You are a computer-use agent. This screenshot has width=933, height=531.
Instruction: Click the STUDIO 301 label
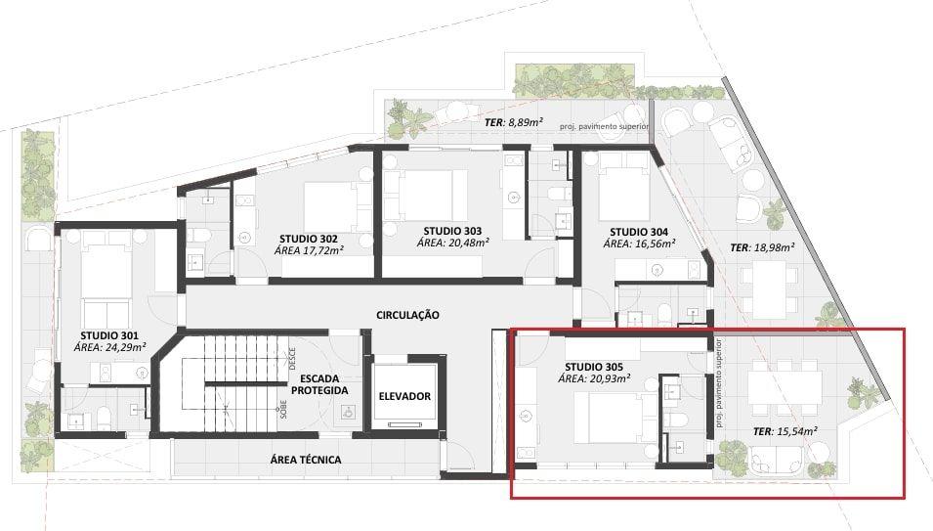[x=109, y=335]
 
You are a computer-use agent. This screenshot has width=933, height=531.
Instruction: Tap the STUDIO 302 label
[x=308, y=240]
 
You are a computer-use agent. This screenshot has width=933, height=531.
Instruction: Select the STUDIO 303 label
[x=452, y=231]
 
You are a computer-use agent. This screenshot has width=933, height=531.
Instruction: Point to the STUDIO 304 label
[x=639, y=232]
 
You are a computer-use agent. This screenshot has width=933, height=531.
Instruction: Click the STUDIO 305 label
[x=594, y=367]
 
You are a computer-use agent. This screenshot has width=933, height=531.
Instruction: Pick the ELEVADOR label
[x=404, y=396]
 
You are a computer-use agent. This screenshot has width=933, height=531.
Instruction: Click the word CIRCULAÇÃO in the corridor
[x=407, y=315]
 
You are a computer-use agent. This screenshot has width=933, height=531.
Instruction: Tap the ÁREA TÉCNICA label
[x=306, y=460]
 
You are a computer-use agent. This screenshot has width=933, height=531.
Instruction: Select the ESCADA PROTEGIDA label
[x=318, y=384]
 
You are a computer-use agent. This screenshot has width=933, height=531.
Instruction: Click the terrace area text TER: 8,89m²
[x=514, y=122]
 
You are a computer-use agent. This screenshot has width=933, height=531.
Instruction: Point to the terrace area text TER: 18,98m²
[x=763, y=247]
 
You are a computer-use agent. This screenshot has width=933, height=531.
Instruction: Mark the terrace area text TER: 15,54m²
[x=785, y=431]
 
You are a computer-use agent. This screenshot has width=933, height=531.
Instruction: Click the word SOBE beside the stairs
[x=283, y=409]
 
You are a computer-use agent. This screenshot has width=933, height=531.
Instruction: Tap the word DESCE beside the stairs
[x=292, y=359]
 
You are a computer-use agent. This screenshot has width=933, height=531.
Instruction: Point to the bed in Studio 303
[x=425, y=196]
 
